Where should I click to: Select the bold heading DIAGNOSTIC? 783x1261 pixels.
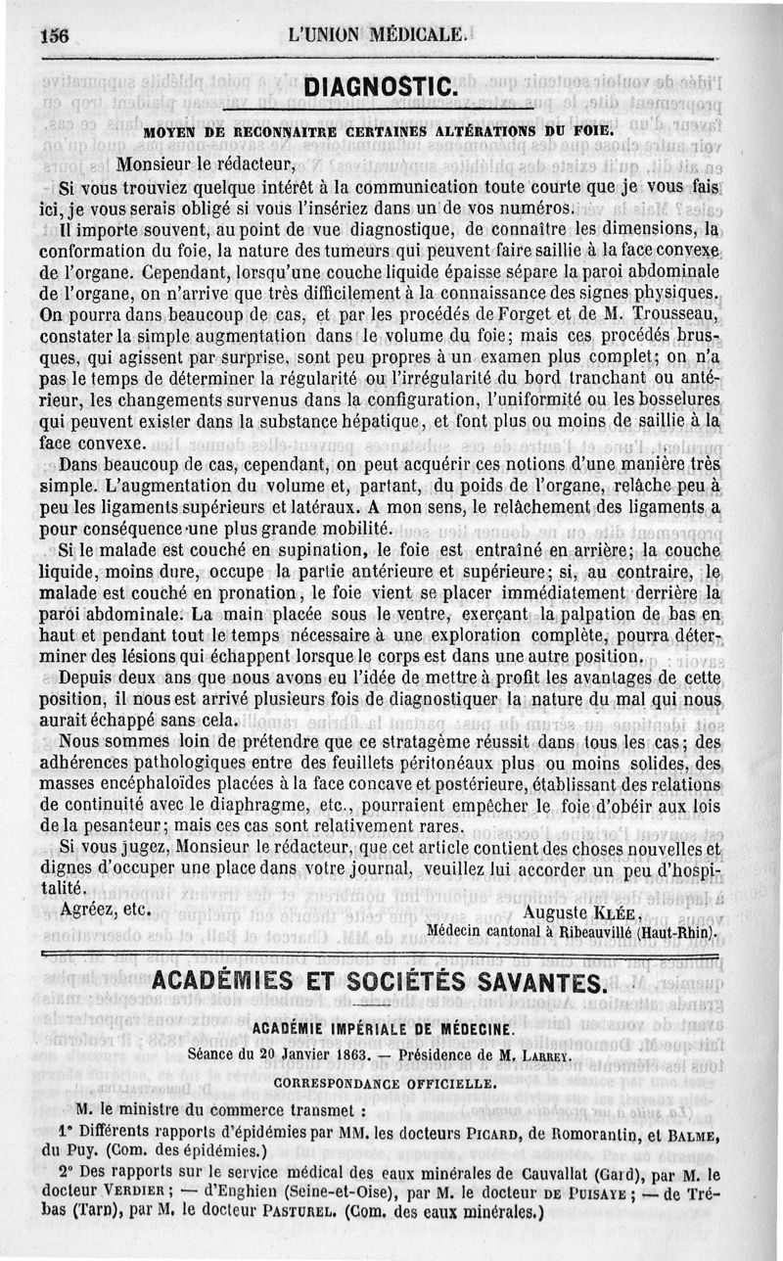click(381, 86)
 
